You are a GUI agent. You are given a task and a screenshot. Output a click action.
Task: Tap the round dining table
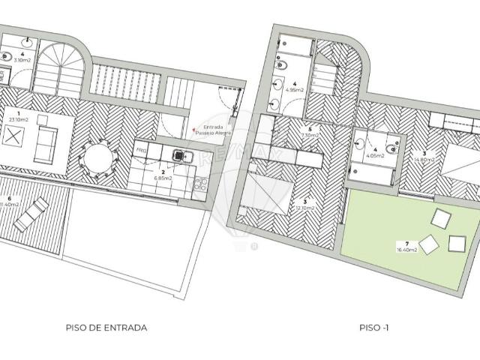(x=98, y=160)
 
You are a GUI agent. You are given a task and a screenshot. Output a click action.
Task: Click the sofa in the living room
(x=46, y=145)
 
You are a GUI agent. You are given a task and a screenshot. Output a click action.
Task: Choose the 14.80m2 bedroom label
(x=424, y=154)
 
